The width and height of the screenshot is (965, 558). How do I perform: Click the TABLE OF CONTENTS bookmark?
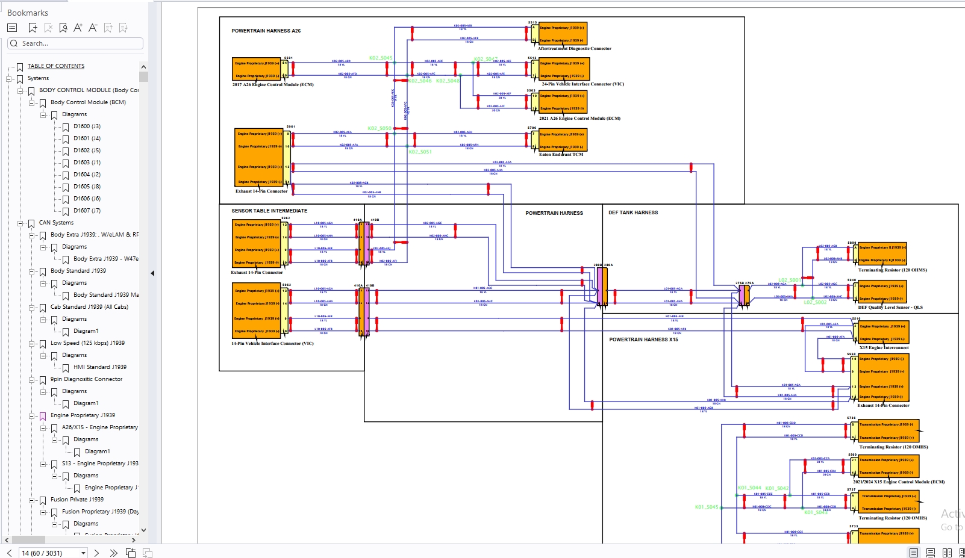pyautogui.click(x=55, y=66)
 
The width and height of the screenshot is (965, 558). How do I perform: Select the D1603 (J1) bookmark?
pyautogui.click(x=87, y=163)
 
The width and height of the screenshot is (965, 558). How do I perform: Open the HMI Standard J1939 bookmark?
pyautogui.click(x=99, y=367)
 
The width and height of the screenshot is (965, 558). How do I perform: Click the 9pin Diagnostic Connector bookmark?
pyautogui.click(x=86, y=379)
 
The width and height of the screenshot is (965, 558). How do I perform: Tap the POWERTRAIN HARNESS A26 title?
pyautogui.click(x=266, y=31)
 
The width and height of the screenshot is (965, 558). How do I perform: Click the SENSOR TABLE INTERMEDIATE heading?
pyautogui.click(x=269, y=211)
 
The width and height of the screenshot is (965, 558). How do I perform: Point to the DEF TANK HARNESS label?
pyautogui.click(x=632, y=212)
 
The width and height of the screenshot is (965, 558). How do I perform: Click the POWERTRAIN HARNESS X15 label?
pyautogui.click(x=643, y=339)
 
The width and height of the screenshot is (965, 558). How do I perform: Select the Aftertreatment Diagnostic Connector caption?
pyautogui.click(x=574, y=49)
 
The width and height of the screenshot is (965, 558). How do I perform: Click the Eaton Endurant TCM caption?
pyautogui.click(x=561, y=155)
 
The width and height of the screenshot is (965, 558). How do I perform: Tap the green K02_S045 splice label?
pyautogui.click(x=380, y=58)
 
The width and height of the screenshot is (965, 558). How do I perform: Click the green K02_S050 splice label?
pyautogui.click(x=379, y=128)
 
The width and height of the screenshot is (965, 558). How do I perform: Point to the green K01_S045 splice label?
pyautogui.click(x=706, y=507)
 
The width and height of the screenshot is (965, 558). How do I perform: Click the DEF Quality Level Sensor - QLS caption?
pyautogui.click(x=890, y=308)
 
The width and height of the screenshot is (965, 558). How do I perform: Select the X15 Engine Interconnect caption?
pyautogui.click(x=884, y=348)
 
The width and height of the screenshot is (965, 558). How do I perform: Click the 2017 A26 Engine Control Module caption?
pyautogui.click(x=273, y=85)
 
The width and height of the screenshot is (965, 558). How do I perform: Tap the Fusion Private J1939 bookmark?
pyautogui.click(x=77, y=500)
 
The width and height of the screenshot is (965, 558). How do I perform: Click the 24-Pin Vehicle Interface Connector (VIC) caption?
pyautogui.click(x=582, y=84)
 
